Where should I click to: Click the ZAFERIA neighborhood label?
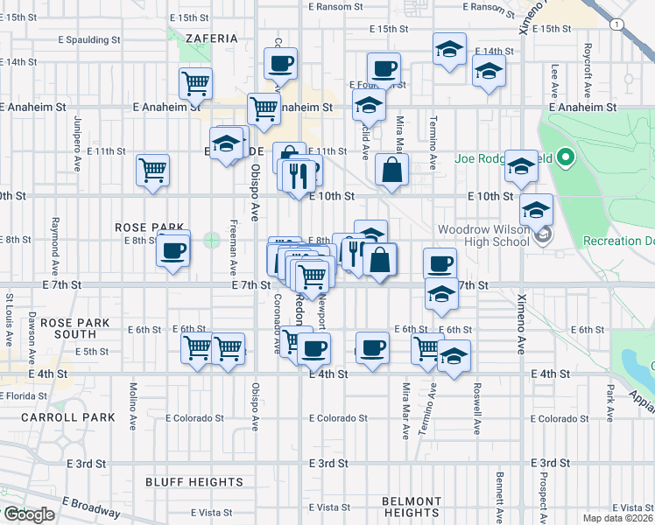coord(211,38)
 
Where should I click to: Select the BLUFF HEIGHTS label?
coord(194,482)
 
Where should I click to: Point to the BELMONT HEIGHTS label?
coord(412,507)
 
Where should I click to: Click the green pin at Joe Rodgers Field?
coord(566,158)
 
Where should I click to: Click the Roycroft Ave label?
coord(588,62)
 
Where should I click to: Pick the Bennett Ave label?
coord(498,493)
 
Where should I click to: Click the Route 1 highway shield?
coord(618,25)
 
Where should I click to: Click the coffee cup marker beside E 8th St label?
coord(173,251)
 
